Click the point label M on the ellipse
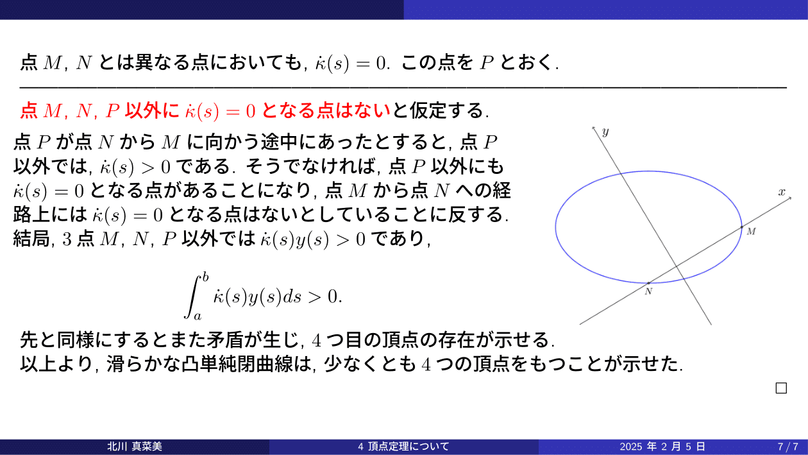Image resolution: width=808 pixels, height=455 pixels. pyautogui.click(x=751, y=232)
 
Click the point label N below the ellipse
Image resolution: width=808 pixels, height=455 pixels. pyautogui.click(x=648, y=291)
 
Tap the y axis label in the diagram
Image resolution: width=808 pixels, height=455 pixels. pyautogui.click(x=605, y=132)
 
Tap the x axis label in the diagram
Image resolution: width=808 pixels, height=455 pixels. pyautogui.click(x=782, y=192)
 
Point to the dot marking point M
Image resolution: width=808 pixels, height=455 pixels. pyautogui.click(x=741, y=227)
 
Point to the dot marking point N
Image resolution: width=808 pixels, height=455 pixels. pyautogui.click(x=648, y=283)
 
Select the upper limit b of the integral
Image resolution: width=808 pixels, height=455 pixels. pyautogui.click(x=206, y=277)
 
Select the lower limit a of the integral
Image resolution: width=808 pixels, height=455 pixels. pyautogui.click(x=198, y=316)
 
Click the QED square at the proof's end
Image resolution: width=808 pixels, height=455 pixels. pyautogui.click(x=781, y=388)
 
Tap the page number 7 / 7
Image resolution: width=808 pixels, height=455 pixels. pyautogui.click(x=787, y=447)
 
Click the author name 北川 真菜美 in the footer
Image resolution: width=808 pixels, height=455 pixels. pyautogui.click(x=135, y=447)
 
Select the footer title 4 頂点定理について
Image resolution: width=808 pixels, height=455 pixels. pyautogui.click(x=403, y=447)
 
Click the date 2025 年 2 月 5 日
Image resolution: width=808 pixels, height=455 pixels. pyautogui.click(x=662, y=447)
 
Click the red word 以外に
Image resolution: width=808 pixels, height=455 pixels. pyautogui.click(x=152, y=110)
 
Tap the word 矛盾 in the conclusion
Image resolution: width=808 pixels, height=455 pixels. pyautogui.click(x=224, y=339)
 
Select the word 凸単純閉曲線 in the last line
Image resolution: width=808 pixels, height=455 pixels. pyautogui.click(x=237, y=364)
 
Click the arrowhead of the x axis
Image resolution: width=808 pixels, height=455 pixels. pyautogui.click(x=790, y=198)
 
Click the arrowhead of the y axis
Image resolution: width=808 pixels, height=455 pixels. pyautogui.click(x=593, y=128)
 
